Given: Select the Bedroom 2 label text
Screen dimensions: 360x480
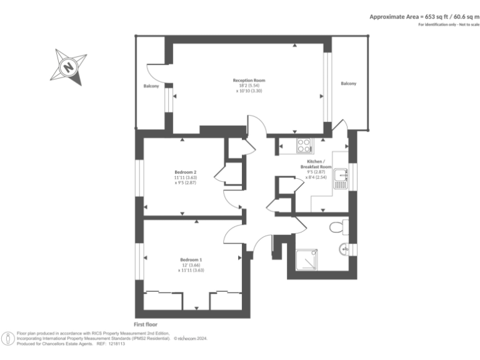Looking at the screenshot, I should (x=186, y=172).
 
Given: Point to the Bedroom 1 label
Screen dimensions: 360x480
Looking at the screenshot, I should (x=191, y=259).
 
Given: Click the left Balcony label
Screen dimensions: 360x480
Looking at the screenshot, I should (x=151, y=86).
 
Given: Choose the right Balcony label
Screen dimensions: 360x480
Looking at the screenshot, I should (x=349, y=84).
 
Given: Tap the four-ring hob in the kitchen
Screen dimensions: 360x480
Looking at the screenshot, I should (x=304, y=146).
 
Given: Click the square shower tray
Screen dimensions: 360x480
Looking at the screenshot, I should (x=306, y=261).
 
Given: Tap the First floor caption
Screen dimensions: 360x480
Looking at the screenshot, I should (x=146, y=324).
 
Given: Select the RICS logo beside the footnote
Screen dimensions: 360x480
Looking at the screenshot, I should (x=8, y=339).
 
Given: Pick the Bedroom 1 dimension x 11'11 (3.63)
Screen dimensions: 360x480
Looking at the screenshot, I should (x=191, y=271).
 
